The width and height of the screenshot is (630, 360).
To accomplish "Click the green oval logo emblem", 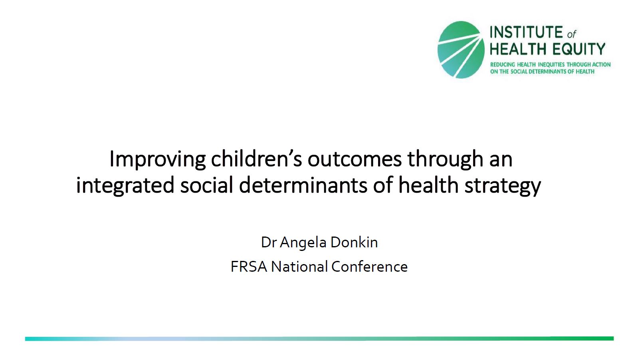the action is pos(461,50).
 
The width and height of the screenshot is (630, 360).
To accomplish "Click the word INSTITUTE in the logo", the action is pos(526,32).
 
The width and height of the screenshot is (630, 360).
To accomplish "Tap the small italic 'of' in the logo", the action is pos(572,34).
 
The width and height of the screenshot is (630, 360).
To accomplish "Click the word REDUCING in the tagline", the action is pos(503,65).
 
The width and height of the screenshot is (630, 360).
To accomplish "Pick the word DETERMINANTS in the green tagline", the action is pos(547,72).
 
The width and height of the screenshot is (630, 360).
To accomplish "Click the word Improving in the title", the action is pos(157,159).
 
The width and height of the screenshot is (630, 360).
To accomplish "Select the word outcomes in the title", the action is pos(355,159).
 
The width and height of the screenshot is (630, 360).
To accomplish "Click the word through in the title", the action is pos(445,159).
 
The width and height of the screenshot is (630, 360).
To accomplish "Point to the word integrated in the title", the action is pos(125,185).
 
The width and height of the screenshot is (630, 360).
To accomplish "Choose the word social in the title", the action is pos(207,185).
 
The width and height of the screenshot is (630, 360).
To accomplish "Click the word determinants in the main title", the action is pos(303,185).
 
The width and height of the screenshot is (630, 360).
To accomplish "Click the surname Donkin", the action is pos(354,243).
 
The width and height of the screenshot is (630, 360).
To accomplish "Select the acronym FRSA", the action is pos(249,267).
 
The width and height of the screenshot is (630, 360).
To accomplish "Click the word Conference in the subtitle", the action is pos(370,267).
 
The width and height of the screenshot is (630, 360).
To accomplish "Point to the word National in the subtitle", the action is pos(299,267).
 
